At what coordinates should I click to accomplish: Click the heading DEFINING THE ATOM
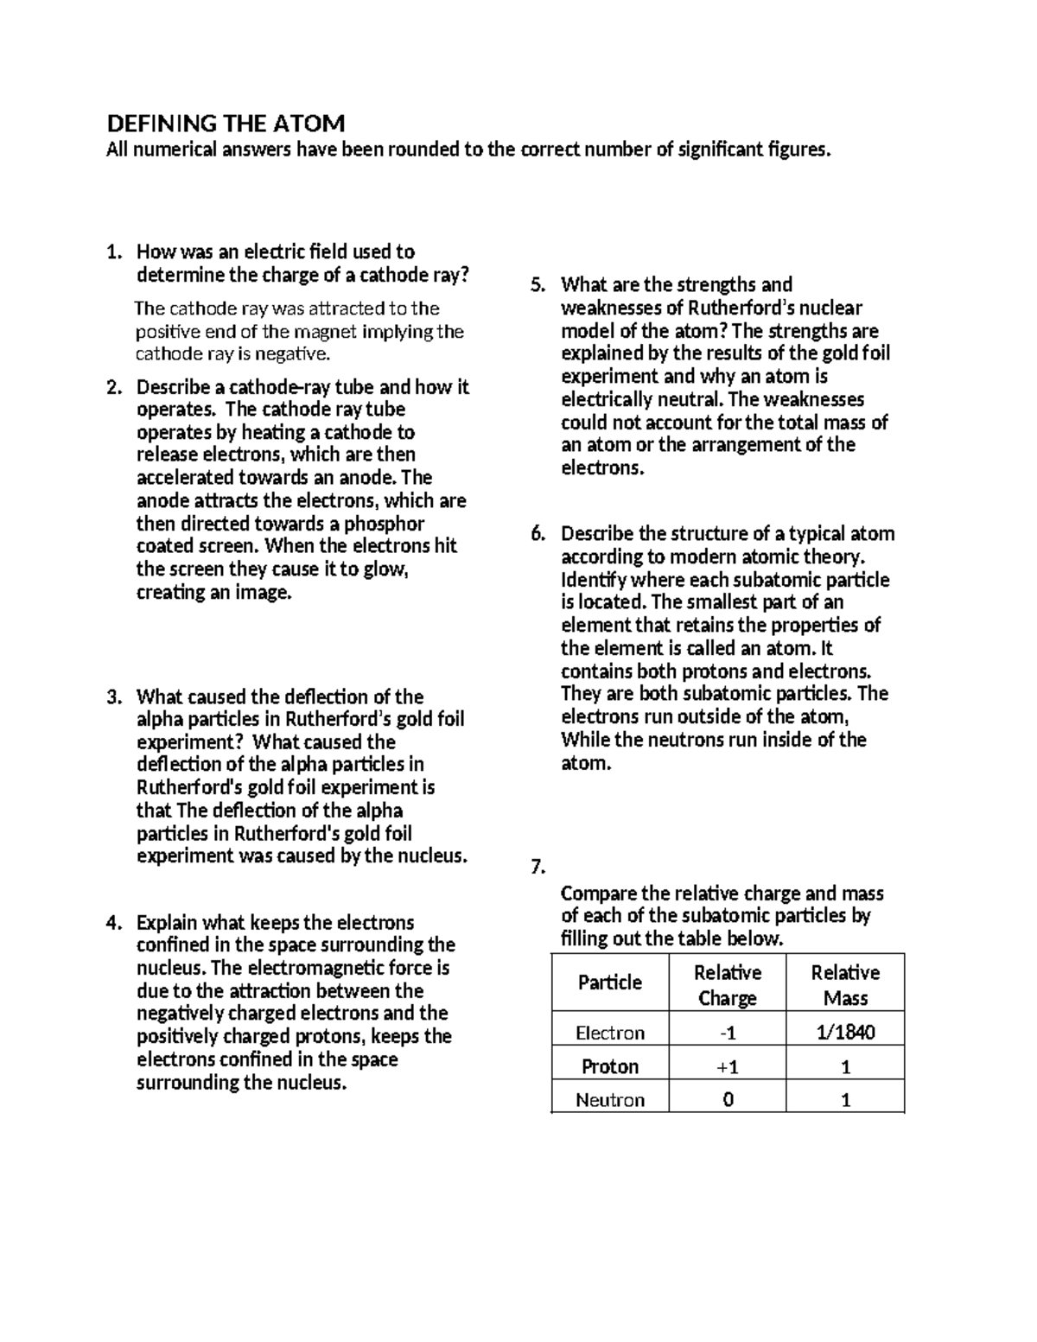pos(225,123)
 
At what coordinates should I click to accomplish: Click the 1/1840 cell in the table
pos(844,1032)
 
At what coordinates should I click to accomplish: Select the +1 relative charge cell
pos(728,1066)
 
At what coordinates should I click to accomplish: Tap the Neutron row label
pos(610,1100)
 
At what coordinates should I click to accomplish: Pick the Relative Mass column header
pos(844,985)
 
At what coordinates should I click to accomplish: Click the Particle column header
pos(610,983)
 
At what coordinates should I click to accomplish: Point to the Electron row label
pos(610,1033)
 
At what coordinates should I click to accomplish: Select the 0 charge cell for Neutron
pos(728,1100)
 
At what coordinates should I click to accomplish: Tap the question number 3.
pos(112,697)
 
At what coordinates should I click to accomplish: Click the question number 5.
pos(538,285)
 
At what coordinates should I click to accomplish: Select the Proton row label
pos(610,1066)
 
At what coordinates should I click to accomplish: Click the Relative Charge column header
pos(728,985)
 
